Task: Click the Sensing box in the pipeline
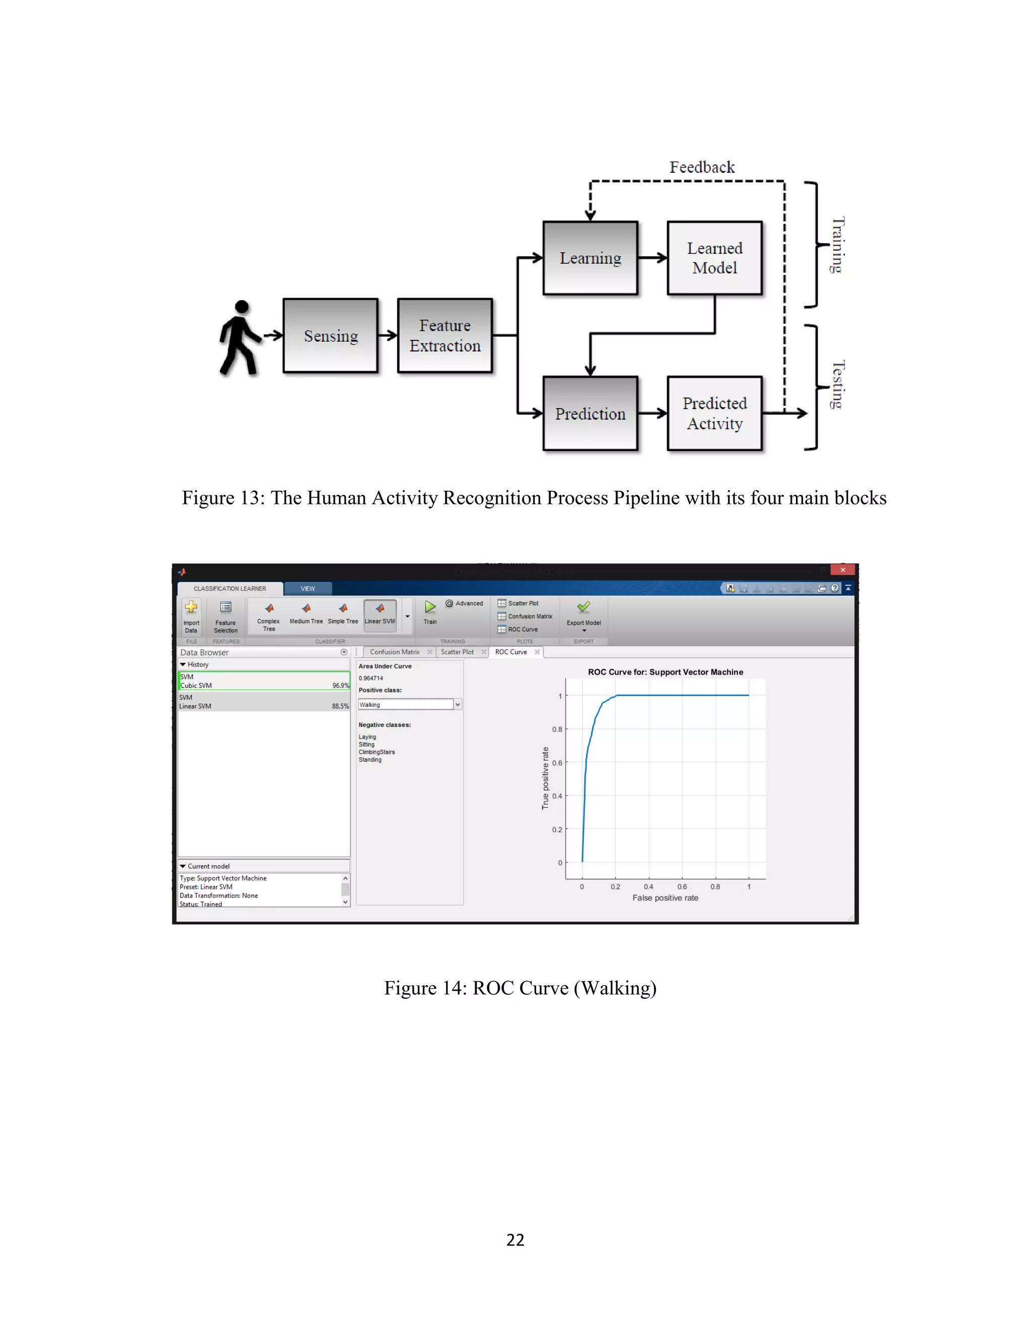[330, 335]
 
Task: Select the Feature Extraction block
[445, 335]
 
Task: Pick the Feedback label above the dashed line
[702, 167]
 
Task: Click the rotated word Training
[838, 245]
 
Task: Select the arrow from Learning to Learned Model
[652, 258]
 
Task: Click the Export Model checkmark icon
[583, 607]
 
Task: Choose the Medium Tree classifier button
[306, 613]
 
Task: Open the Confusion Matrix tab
[395, 652]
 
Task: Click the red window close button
[842, 570]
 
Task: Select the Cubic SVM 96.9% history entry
[263, 681]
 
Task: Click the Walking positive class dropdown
[409, 704]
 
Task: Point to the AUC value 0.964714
[371, 678]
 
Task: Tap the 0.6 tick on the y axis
[557, 763]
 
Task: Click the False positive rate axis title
[665, 898]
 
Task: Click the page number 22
[515, 1240]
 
